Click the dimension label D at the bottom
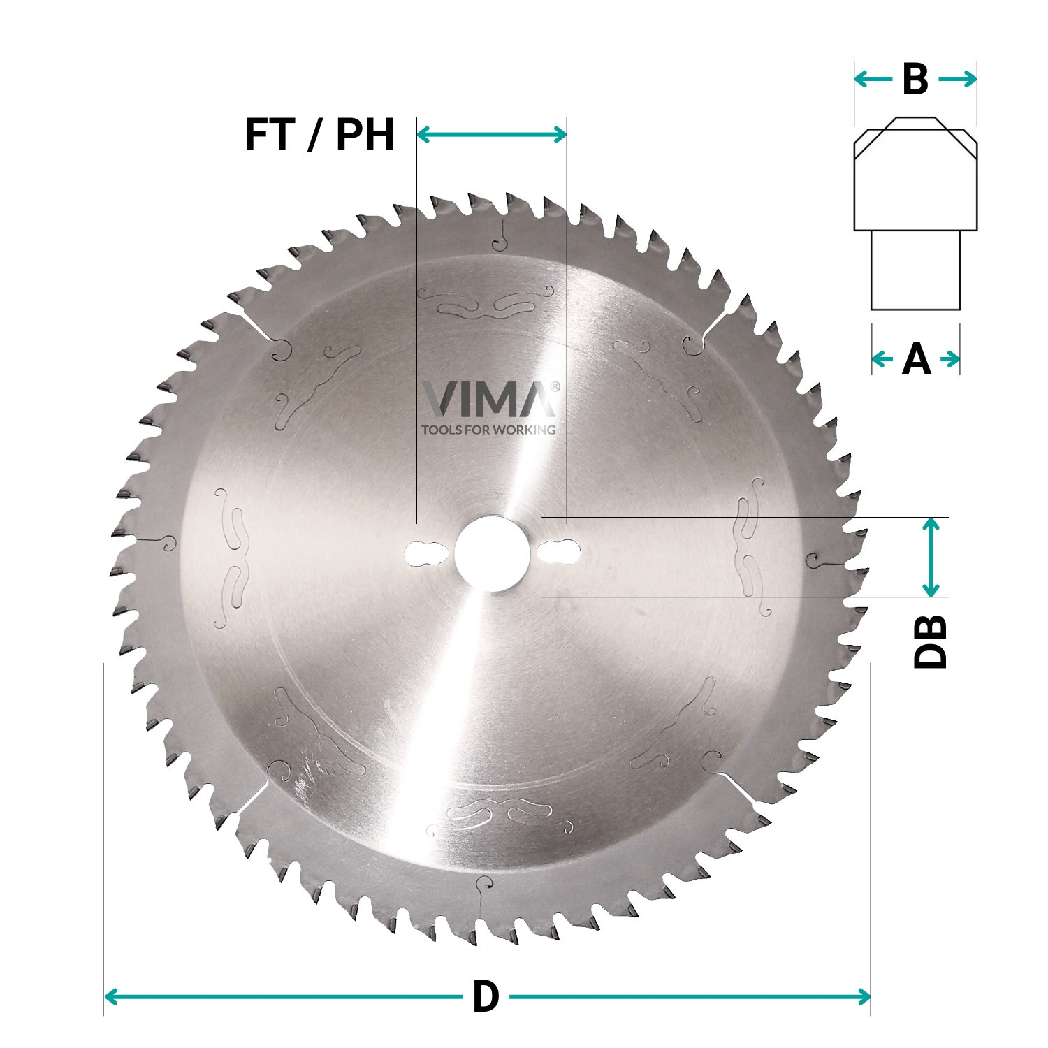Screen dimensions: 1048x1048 tap(486, 996)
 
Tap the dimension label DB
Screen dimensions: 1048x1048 tap(930, 641)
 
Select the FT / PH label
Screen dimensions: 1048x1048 tap(319, 134)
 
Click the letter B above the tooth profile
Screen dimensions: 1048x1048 tap(915, 80)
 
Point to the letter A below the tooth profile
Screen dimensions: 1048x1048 tap(916, 360)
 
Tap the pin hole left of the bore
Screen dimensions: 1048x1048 tap(425, 553)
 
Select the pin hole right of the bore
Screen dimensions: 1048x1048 tap(559, 553)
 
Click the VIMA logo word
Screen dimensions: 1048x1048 tap(489, 400)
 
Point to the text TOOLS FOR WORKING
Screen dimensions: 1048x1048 tap(489, 430)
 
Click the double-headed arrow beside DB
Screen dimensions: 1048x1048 tap(930, 557)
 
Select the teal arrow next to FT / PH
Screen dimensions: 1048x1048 tap(492, 134)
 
